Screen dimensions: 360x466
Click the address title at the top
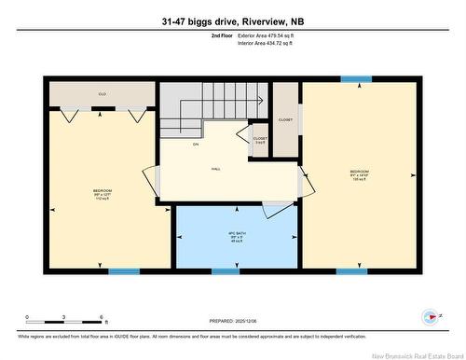(232, 20)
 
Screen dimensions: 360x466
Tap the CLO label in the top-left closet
(102, 94)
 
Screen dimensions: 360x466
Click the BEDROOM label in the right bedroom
(360, 172)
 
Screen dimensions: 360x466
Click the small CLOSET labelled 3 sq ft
(260, 139)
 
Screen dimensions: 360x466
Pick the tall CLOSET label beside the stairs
(285, 120)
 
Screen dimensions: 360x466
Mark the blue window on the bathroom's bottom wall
(224, 271)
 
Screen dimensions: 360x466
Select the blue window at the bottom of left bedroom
(123, 271)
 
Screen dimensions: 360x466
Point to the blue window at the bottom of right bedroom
(349, 271)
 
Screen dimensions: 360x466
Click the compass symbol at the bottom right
(431, 316)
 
